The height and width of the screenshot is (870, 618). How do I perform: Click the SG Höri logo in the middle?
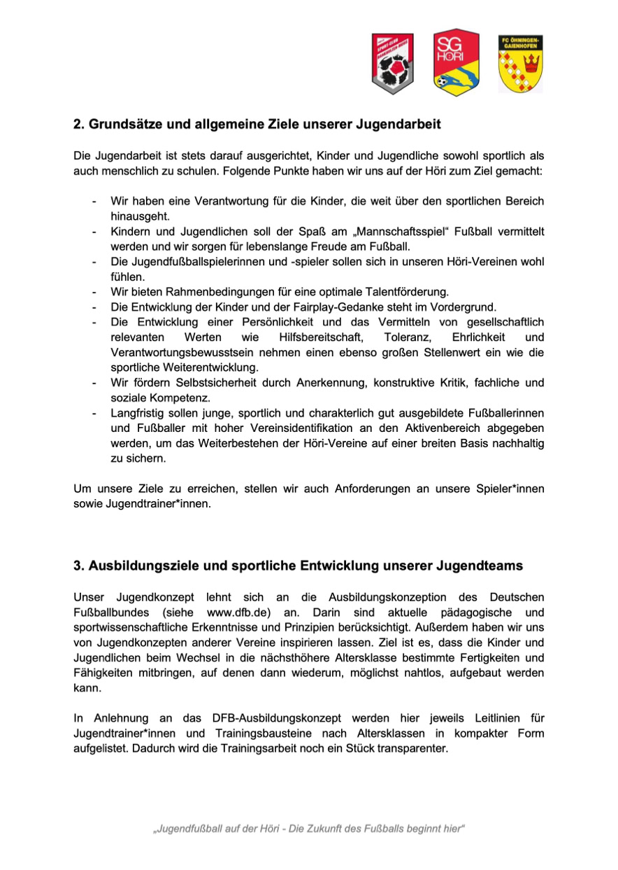click(456, 63)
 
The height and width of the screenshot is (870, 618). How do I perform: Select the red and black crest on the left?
click(392, 64)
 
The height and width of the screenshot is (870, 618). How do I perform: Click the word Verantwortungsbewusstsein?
click(182, 352)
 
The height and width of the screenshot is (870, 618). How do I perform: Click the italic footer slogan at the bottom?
click(309, 829)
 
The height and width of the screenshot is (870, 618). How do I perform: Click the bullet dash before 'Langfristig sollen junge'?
click(94, 413)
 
